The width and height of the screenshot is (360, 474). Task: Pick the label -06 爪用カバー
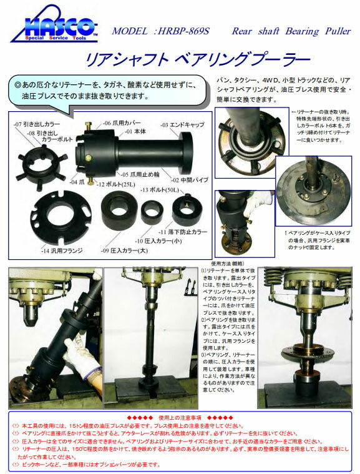(x=115, y=123)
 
